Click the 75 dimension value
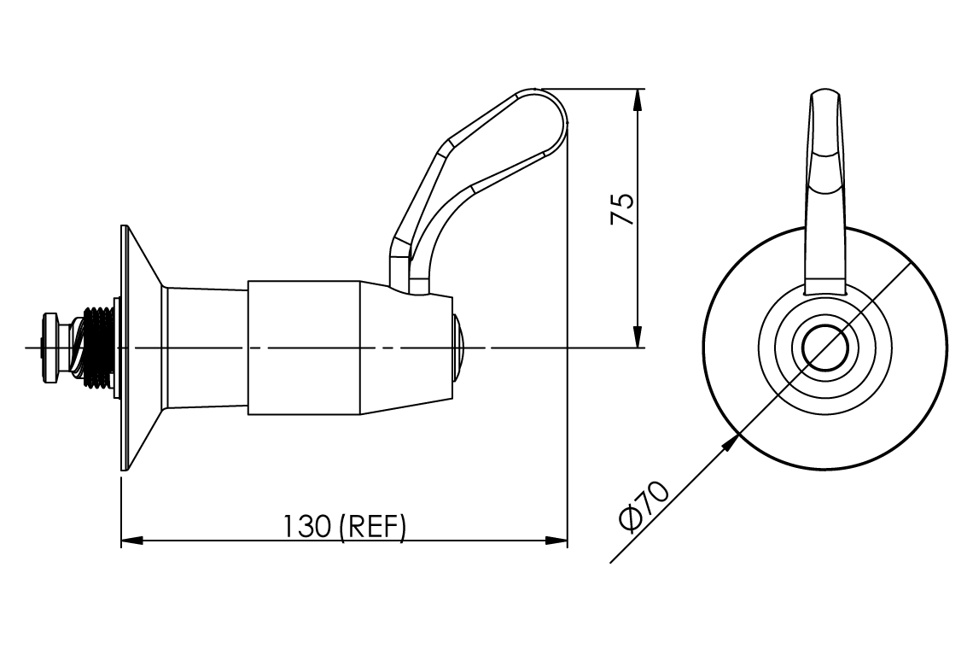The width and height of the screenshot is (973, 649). tap(623, 209)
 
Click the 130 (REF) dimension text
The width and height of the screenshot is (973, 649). tap(344, 526)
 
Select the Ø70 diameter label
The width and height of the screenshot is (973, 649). tap(644, 506)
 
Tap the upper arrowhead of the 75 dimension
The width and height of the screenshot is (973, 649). tap(638, 98)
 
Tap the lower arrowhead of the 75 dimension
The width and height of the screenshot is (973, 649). tap(638, 337)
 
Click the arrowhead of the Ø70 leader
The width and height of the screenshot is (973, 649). tap(731, 441)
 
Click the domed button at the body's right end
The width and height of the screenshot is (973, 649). tap(459, 348)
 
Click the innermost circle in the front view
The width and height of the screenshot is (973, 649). tap(825, 348)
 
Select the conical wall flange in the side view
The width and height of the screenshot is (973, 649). tap(142, 348)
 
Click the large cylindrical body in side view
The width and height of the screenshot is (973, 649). tap(303, 348)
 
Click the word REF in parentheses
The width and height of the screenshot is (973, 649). tap(372, 526)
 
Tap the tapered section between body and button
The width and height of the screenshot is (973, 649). tap(405, 348)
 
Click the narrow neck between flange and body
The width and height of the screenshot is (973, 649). tap(206, 348)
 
